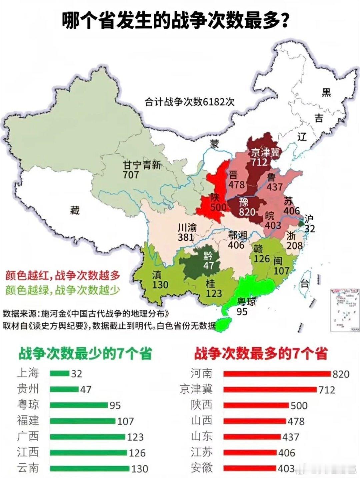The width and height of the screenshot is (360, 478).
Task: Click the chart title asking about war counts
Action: (x=175, y=21)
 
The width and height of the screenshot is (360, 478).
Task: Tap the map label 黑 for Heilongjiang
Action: (x=326, y=92)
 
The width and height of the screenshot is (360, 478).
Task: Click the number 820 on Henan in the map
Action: (x=247, y=212)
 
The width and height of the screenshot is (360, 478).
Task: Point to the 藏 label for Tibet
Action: (x=75, y=210)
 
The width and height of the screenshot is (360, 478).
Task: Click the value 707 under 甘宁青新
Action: (x=131, y=174)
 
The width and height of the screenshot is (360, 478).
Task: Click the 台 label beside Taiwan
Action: (x=304, y=284)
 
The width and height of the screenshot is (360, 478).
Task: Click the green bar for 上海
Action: (x=60, y=373)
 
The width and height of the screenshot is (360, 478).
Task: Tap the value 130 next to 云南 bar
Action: (x=139, y=469)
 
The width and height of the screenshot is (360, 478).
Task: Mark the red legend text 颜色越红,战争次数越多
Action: (x=62, y=276)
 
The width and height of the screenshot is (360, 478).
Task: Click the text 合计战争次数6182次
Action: (x=189, y=102)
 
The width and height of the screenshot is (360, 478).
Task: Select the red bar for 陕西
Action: (x=256, y=405)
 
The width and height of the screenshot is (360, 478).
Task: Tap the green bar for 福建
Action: (x=83, y=421)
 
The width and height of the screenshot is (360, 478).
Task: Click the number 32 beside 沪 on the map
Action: (x=309, y=228)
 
